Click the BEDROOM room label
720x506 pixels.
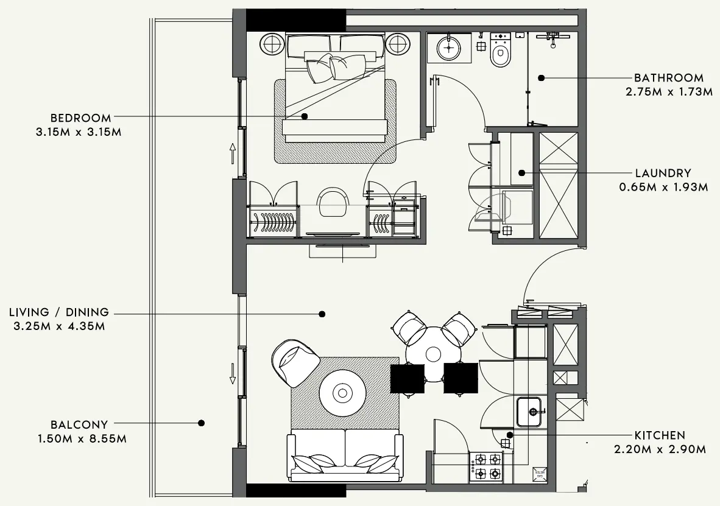(x=80, y=118)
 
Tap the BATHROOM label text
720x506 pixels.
(x=668, y=78)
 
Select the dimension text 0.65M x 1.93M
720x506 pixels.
(x=663, y=188)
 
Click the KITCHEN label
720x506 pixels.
(x=660, y=435)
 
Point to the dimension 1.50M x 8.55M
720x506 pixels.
(x=80, y=438)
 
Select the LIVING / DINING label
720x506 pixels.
(x=59, y=312)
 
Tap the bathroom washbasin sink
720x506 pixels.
(x=449, y=47)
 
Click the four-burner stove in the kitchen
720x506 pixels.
(x=486, y=466)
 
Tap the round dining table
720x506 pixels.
(x=433, y=354)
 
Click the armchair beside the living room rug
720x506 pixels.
(x=295, y=363)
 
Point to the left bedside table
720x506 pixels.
(x=272, y=44)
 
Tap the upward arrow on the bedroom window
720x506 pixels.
(x=233, y=153)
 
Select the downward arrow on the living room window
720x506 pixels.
(x=232, y=373)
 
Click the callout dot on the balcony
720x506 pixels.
(x=201, y=423)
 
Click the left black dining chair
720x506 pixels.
(x=407, y=378)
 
